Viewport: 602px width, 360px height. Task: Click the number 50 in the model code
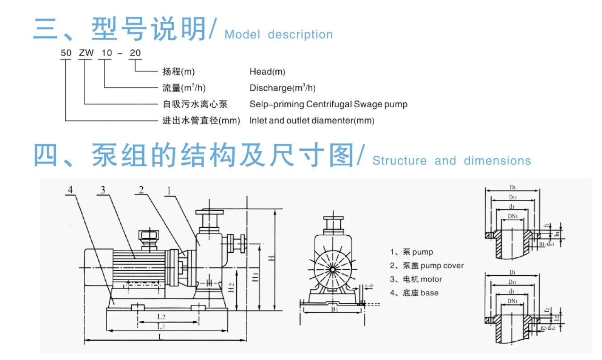click(66, 53)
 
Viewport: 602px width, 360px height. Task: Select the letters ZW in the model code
click(86, 53)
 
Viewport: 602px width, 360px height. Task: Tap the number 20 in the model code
click(135, 53)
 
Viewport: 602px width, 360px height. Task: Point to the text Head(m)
click(267, 72)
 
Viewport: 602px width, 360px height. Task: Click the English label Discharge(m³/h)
click(282, 88)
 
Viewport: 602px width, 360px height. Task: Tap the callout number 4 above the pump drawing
click(70, 190)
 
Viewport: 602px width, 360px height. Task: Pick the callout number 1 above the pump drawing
click(168, 190)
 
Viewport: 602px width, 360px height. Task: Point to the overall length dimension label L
click(161, 337)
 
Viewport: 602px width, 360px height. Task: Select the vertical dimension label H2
click(230, 288)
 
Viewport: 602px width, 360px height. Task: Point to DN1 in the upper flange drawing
click(512, 216)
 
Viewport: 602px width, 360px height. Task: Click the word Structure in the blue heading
click(399, 161)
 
